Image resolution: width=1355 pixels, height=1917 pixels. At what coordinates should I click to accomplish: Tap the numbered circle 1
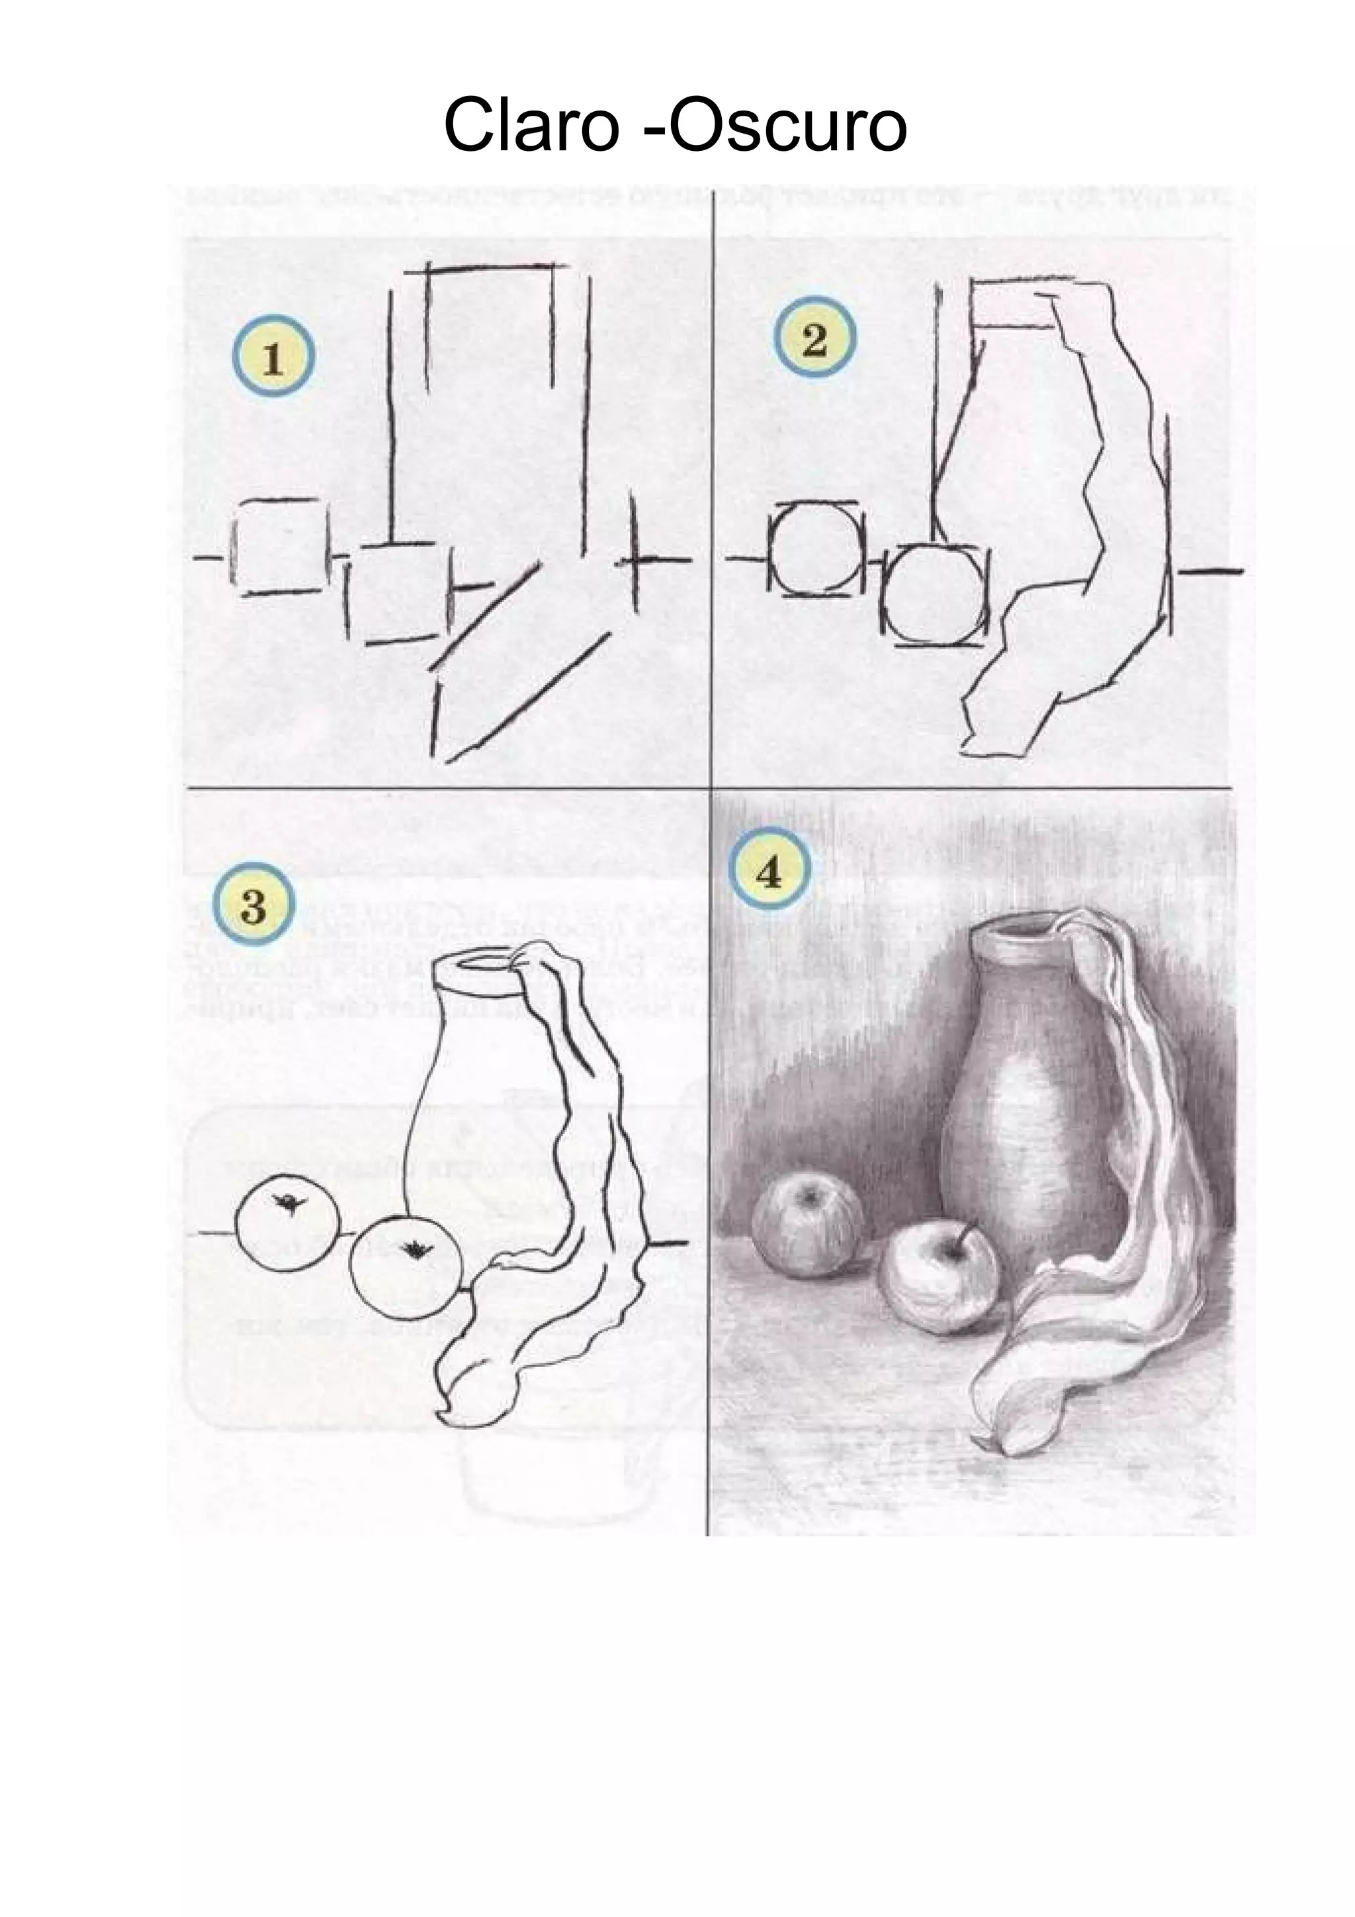(x=273, y=360)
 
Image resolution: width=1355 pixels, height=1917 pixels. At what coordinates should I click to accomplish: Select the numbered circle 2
(x=814, y=341)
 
